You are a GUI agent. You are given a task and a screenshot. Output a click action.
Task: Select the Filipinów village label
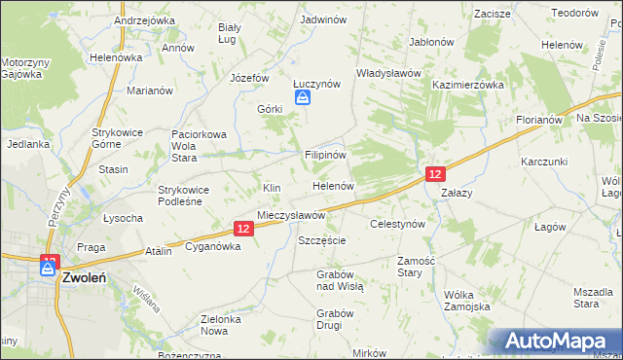click(x=325, y=154)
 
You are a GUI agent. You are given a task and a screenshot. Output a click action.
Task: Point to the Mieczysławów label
click(x=290, y=215)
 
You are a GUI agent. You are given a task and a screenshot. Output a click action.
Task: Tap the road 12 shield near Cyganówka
click(x=243, y=229)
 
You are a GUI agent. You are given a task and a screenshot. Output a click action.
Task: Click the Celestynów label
click(x=398, y=224)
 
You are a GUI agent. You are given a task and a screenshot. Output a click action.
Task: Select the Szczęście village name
click(x=322, y=239)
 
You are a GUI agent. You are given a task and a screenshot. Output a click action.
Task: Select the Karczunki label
click(x=543, y=161)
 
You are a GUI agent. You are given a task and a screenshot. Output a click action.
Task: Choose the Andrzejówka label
click(x=144, y=19)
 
